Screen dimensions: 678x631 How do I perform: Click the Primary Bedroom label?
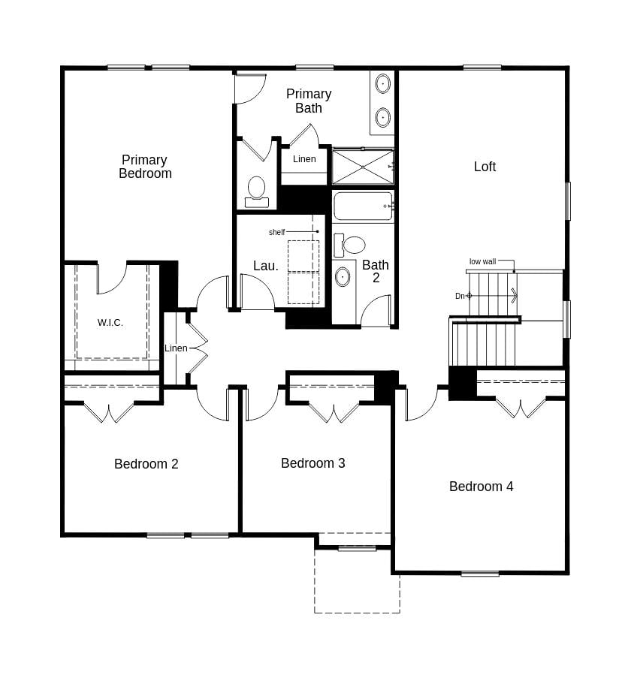(x=145, y=167)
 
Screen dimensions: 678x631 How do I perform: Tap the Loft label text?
(x=485, y=167)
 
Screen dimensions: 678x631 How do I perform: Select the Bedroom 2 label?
(x=146, y=464)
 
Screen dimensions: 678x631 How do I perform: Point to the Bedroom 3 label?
(x=313, y=463)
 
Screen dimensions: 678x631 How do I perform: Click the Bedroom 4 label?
(x=481, y=487)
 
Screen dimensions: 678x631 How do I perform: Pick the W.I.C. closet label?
(x=110, y=323)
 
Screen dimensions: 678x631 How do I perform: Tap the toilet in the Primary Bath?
(x=257, y=190)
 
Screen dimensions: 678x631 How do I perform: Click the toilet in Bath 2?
(x=350, y=245)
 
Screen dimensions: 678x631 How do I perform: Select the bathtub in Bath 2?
(x=363, y=206)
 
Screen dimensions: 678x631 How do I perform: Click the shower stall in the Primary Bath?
(x=363, y=167)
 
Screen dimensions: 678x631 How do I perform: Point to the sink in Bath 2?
(x=343, y=276)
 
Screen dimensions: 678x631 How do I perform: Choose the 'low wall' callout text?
(x=482, y=262)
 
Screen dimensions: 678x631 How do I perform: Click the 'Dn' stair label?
(x=460, y=296)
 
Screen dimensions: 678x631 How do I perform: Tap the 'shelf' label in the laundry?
(x=276, y=233)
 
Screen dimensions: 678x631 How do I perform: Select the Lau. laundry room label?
(x=265, y=266)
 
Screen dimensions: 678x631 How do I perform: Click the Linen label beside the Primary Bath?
(x=304, y=159)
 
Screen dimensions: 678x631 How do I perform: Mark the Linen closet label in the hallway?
(x=176, y=348)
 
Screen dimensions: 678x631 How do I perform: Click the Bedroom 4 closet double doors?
(x=521, y=408)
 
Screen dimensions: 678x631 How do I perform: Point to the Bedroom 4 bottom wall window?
(x=480, y=574)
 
